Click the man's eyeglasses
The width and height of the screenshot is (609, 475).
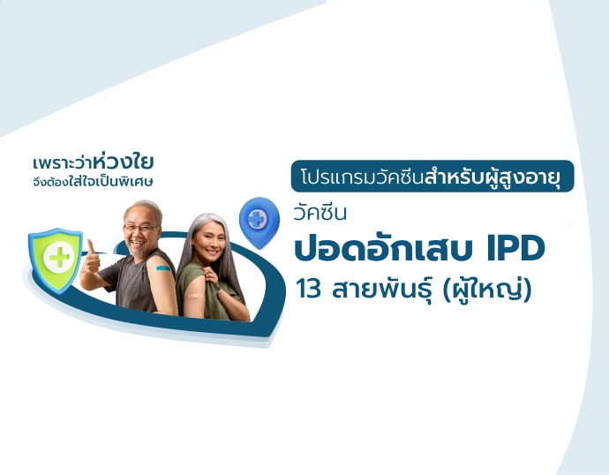point(141,226)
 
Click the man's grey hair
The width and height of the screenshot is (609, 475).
point(144,207)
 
